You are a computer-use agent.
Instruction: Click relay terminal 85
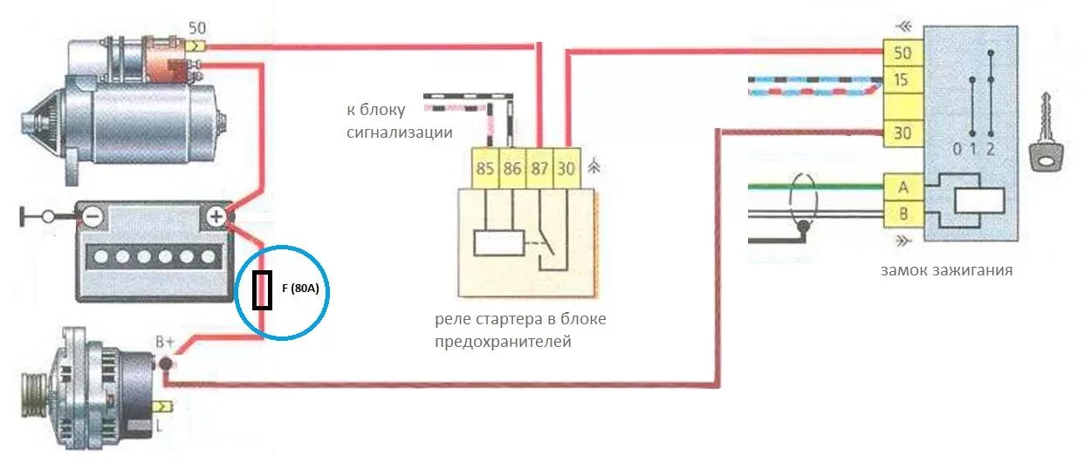(484, 169)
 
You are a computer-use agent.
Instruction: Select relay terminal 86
(511, 169)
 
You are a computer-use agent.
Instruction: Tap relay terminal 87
(539, 169)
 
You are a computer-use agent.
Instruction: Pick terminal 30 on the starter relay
(566, 169)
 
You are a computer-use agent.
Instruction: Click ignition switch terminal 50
(902, 53)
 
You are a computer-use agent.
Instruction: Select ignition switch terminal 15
(902, 81)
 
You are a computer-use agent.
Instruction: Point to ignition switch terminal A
(902, 186)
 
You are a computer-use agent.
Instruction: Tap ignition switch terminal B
(902, 213)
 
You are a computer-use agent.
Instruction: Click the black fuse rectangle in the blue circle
(261, 290)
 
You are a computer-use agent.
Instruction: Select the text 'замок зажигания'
(946, 270)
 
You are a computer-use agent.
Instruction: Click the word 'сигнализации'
(399, 133)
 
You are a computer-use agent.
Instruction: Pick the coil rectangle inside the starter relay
(498, 243)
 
